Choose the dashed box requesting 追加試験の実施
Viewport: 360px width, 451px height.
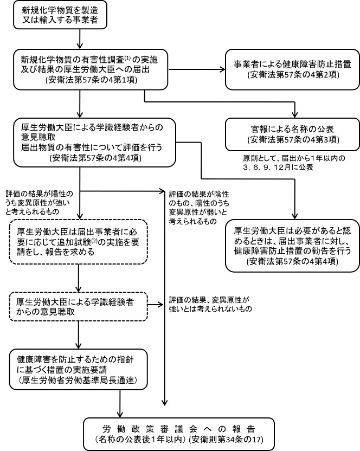pyautogui.click(x=79, y=241)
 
